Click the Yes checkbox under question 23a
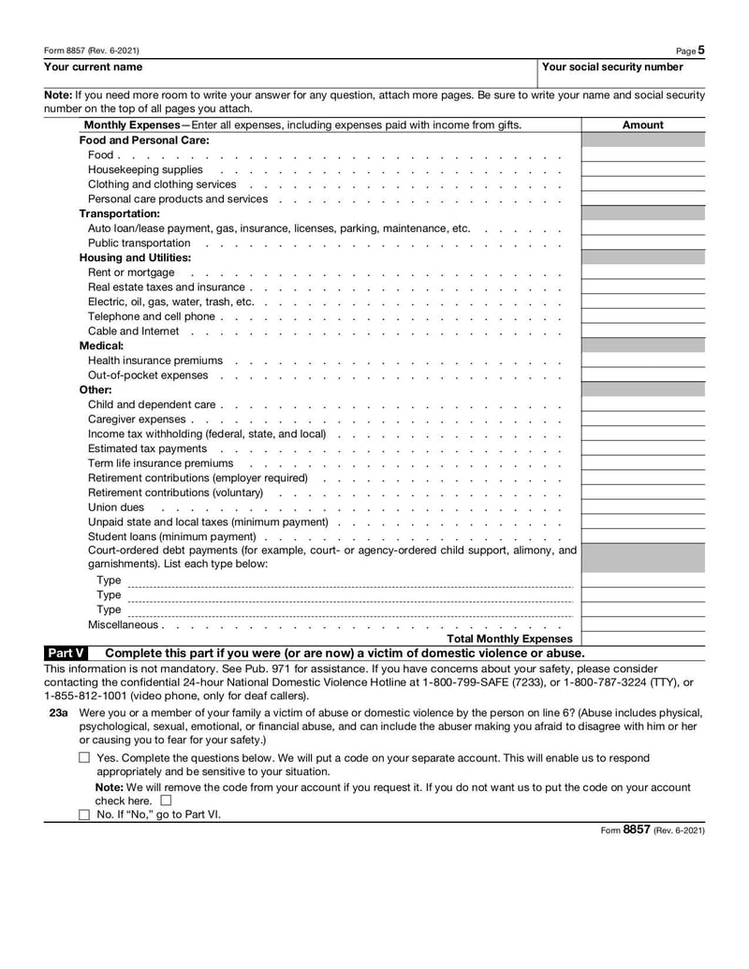click(84, 758)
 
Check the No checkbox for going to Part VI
click(84, 815)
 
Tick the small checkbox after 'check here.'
click(166, 800)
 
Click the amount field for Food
click(642, 154)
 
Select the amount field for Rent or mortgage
click(642, 272)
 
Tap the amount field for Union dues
click(642, 507)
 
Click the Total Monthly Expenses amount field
click(642, 639)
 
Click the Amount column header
click(642, 125)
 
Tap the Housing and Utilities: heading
click(135, 257)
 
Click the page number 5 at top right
click(701, 51)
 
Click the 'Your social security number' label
click(612, 67)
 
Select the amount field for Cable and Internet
click(642, 331)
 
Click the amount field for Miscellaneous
click(642, 624)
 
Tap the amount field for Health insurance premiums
click(642, 360)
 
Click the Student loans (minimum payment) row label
click(171, 536)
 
